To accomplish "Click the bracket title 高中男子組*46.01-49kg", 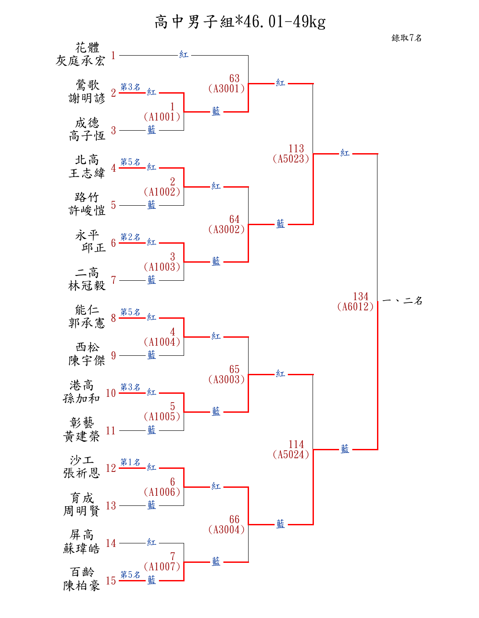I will pyautogui.click(x=240, y=22).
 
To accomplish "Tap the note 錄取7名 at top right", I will pyautogui.click(x=407, y=38).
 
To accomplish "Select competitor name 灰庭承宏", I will pyautogui.click(x=80, y=61).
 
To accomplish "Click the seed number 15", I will pyautogui.click(x=111, y=581).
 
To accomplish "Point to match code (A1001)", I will pyautogui.click(x=162, y=117).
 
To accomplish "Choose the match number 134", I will pyautogui.click(x=361, y=297).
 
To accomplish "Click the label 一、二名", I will pyautogui.click(x=402, y=301).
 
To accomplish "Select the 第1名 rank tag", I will pyautogui.click(x=130, y=462).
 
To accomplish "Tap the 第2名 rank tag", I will pyautogui.click(x=130, y=237).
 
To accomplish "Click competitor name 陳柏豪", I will pyautogui.click(x=82, y=586).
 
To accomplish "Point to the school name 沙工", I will pyautogui.click(x=82, y=460).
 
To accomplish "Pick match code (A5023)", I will pyautogui.click(x=291, y=159).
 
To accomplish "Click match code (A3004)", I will pyautogui.click(x=226, y=530).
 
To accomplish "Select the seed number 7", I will pyautogui.click(x=113, y=280).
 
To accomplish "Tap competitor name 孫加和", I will pyautogui.click(x=82, y=399).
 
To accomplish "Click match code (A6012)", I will pyautogui.click(x=355, y=307).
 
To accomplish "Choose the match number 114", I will pyautogui.click(x=296, y=445).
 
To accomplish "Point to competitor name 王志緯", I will pyautogui.click(x=87, y=173).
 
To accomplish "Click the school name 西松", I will pyautogui.click(x=87, y=347).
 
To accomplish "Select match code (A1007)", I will pyautogui.click(x=162, y=567).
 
